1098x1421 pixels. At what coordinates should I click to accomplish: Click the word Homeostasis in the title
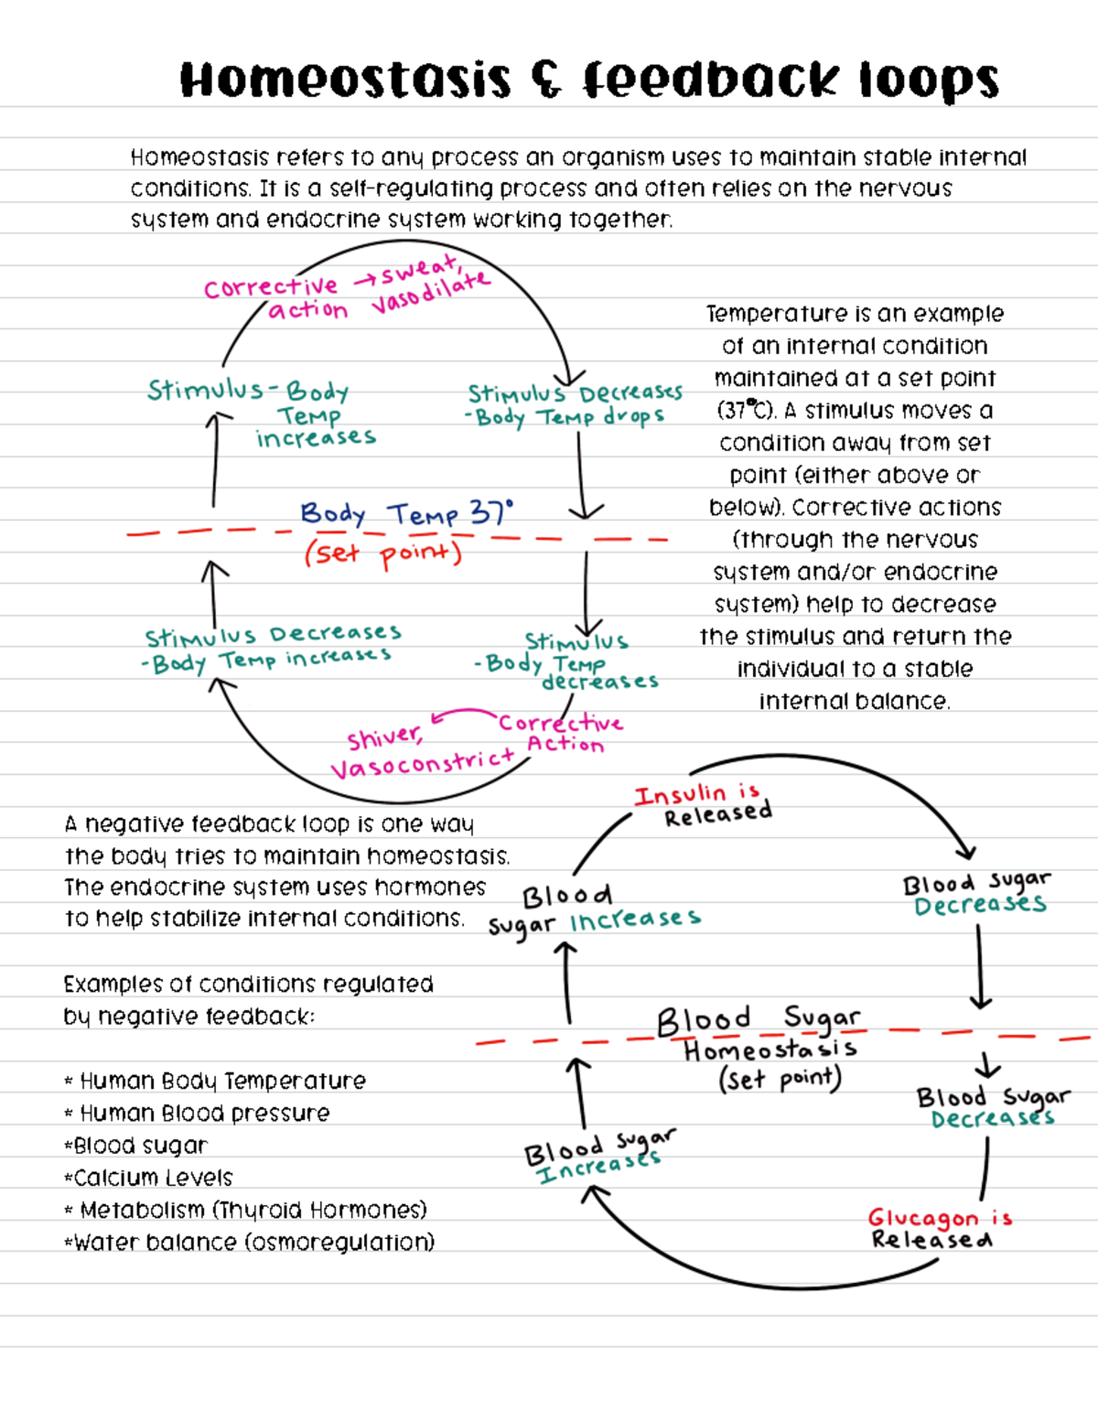pyautogui.click(x=345, y=81)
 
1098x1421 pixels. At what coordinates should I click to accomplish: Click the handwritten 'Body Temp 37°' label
pyautogui.click(x=406, y=513)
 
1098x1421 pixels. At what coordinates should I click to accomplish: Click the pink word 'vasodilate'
pyautogui.click(x=430, y=294)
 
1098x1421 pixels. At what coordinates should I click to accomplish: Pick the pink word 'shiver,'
pyautogui.click(x=384, y=737)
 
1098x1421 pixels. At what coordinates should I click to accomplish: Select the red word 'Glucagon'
pyautogui.click(x=922, y=1218)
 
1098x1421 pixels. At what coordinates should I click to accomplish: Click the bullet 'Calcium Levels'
pyautogui.click(x=153, y=1178)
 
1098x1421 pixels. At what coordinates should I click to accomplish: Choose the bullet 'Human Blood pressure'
pyautogui.click(x=204, y=1114)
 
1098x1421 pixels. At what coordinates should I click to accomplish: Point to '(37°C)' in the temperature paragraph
pyautogui.click(x=746, y=410)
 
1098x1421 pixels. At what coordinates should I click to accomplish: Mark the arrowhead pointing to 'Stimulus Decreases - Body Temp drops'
pyautogui.click(x=570, y=377)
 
